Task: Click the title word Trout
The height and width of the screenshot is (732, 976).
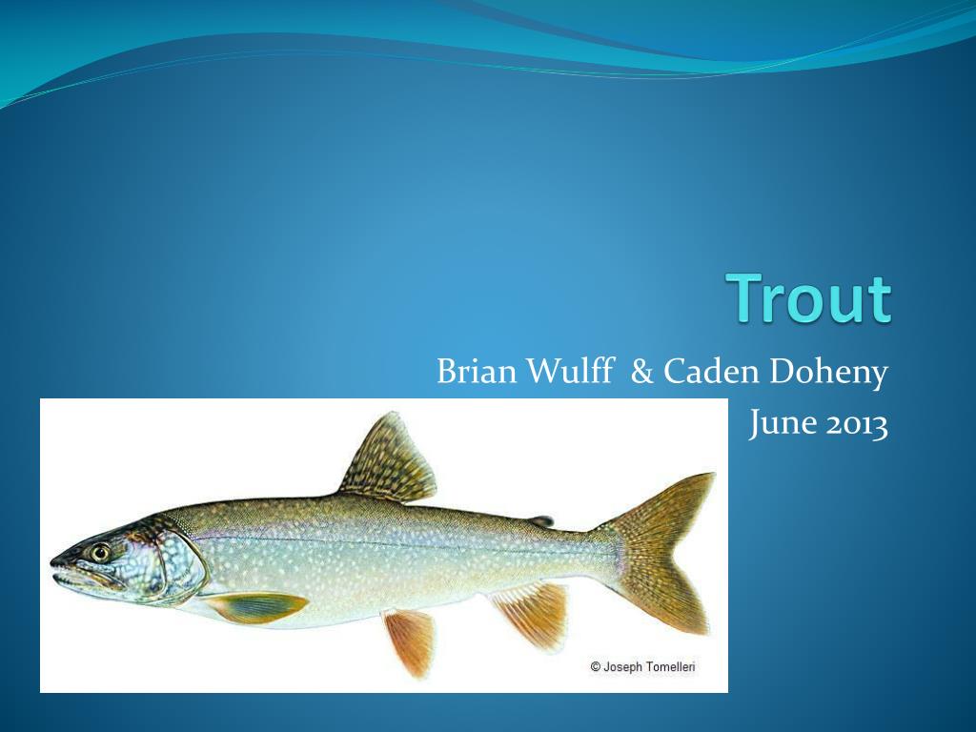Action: point(808,298)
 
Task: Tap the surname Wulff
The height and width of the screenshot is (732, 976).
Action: point(571,371)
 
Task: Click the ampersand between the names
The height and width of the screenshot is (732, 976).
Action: point(641,372)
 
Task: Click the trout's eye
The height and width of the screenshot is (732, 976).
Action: point(99,552)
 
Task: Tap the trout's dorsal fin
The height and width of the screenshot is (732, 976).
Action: point(390,459)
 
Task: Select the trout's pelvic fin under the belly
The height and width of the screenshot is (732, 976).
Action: point(411,641)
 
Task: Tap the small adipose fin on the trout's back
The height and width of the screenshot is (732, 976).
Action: point(541,520)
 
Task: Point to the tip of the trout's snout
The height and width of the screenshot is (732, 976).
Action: point(51,562)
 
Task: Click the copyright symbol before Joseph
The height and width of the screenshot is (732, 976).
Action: point(595,666)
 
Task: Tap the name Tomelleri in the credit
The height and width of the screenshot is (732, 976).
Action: point(670,666)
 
